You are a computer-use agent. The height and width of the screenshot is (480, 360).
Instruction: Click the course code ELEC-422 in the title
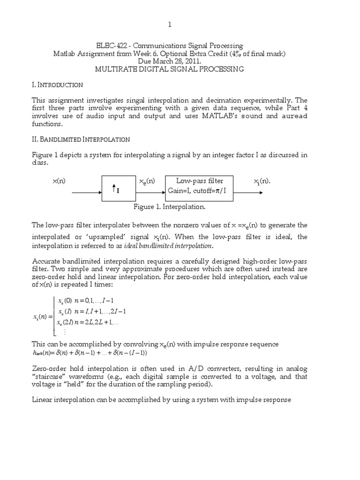[112, 46]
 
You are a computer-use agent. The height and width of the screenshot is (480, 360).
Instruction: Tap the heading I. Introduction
[57, 85]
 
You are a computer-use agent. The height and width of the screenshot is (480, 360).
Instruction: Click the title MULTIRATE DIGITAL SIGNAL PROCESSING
[170, 69]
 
